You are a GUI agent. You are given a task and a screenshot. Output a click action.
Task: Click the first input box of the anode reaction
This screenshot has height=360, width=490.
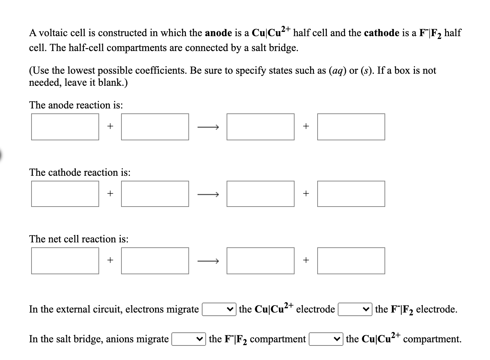pos(65,127)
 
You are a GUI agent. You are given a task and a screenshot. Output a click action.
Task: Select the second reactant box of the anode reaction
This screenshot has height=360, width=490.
pos(155,127)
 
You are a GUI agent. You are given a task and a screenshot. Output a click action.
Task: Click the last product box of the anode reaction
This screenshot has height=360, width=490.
pos(351,127)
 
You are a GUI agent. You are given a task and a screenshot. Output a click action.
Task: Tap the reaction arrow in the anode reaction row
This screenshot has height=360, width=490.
pos(208,126)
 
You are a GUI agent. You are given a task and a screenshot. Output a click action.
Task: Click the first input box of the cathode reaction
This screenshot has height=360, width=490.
pos(65,194)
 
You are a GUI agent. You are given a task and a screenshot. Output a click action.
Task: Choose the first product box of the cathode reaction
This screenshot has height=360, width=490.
pos(260,194)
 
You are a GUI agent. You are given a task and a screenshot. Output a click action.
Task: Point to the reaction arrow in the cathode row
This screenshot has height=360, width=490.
pos(208,194)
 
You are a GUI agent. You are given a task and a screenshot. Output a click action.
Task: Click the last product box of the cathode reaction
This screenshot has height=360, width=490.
pos(351,194)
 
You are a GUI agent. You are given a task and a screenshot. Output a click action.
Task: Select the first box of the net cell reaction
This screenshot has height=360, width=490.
pos(65,261)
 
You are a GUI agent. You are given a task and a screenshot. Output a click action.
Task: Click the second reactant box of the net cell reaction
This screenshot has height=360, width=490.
pos(155,261)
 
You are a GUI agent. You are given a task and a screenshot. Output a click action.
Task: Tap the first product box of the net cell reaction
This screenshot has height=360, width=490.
pos(260,261)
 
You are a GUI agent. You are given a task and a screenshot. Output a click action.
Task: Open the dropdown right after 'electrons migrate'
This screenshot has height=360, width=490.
pos(219,309)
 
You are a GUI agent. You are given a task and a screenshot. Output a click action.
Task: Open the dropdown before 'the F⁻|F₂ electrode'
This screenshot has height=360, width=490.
pos(355,309)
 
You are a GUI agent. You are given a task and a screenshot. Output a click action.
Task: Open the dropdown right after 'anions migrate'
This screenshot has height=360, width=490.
pos(189,339)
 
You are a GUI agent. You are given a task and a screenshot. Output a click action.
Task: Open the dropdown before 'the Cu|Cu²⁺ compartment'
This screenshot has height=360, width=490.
pos(326,339)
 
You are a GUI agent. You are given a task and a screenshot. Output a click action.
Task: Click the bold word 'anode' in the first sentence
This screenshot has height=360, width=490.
pos(218,33)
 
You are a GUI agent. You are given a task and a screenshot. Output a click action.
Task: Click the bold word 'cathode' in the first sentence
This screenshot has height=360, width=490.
pos(381,33)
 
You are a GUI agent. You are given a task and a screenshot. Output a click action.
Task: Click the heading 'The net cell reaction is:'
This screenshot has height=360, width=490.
pos(79,239)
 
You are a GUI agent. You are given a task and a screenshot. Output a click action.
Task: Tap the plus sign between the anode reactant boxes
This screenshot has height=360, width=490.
pos(110,126)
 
